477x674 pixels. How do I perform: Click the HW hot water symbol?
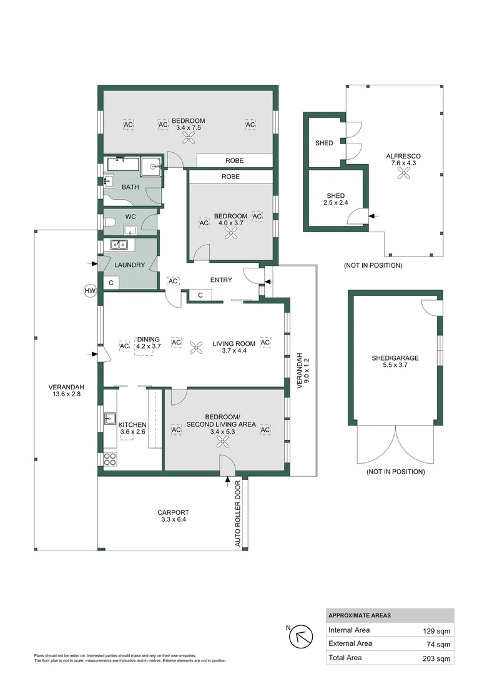(x=89, y=290)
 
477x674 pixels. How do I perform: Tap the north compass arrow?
(x=303, y=637)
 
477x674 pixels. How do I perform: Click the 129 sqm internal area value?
(x=440, y=630)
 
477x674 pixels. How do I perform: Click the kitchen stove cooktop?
(x=110, y=459)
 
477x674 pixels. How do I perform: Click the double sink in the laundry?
(x=119, y=245)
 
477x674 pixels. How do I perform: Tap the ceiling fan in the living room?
(x=197, y=347)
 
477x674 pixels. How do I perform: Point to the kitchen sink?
(x=110, y=418)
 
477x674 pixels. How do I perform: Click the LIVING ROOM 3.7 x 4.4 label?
(x=234, y=347)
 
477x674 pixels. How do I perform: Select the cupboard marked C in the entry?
(x=200, y=295)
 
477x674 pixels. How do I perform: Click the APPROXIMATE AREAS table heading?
(x=360, y=615)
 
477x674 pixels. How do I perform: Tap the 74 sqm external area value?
(x=441, y=643)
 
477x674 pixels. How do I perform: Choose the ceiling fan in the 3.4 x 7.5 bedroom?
(x=188, y=140)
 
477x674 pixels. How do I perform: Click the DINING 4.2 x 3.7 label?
(x=149, y=343)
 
